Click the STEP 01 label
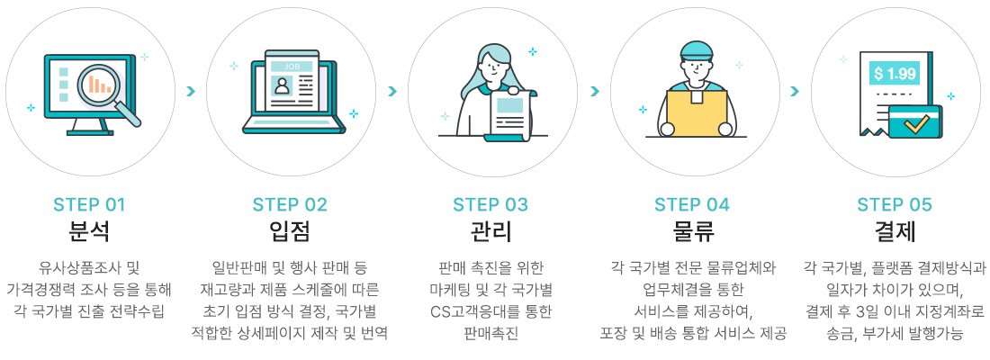[x=89, y=204]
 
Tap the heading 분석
[x=89, y=231]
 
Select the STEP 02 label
[x=290, y=204]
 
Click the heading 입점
[x=290, y=231]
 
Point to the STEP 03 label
[x=490, y=204]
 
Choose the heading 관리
[x=490, y=231]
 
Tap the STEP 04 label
[x=692, y=204]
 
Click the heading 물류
[x=692, y=231]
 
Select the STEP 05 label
[x=895, y=204]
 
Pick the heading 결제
[x=895, y=231]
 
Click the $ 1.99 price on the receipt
[x=894, y=73]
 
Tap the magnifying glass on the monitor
[x=101, y=85]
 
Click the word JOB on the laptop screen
[x=291, y=67]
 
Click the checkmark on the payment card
[x=916, y=122]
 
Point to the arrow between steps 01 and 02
[x=190, y=91]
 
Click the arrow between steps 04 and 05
[x=795, y=91]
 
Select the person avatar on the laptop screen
[x=283, y=87]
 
